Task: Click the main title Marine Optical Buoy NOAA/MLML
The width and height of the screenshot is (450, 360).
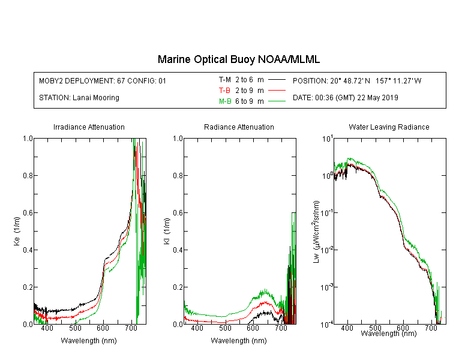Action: (x=238, y=59)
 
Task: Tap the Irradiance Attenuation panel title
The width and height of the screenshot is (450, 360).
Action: (x=89, y=127)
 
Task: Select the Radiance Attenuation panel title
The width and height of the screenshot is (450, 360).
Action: (x=239, y=127)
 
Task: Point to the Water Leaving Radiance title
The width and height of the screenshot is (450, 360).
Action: (x=389, y=127)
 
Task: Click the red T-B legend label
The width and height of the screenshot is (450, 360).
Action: (x=224, y=91)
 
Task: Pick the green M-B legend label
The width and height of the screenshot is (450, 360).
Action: (x=225, y=101)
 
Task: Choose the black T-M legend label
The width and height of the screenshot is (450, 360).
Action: (x=225, y=80)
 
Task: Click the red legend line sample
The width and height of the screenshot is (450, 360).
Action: (x=277, y=91)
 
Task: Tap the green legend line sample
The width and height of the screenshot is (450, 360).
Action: (x=277, y=101)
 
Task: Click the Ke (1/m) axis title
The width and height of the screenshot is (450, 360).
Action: (x=17, y=232)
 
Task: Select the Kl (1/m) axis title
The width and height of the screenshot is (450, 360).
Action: (x=167, y=232)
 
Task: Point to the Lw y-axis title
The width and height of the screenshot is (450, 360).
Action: (x=316, y=232)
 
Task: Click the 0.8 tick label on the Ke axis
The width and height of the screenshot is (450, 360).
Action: (x=28, y=175)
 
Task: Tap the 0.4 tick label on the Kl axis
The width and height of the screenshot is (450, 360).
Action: (x=178, y=250)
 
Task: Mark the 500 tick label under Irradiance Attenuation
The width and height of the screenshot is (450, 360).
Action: (x=75, y=328)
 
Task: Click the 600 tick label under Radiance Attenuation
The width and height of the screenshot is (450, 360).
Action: (x=253, y=328)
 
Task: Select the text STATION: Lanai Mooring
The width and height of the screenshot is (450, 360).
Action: (x=79, y=98)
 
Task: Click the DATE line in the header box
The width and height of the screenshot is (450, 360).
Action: (x=345, y=98)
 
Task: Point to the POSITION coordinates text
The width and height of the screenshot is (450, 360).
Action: (x=357, y=80)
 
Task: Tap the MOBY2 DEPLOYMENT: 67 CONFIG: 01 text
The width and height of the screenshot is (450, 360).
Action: (x=103, y=80)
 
